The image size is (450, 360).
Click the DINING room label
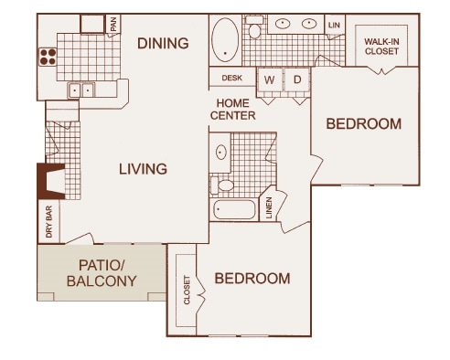click(x=163, y=43)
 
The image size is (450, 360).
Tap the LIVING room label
click(x=143, y=169)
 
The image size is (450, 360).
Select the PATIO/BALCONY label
click(x=102, y=273)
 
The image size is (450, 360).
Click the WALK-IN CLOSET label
click(x=381, y=47)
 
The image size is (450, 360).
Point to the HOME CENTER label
click(x=233, y=110)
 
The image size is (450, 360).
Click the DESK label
click(x=232, y=78)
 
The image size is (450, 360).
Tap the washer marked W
click(x=269, y=79)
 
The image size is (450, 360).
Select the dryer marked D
click(x=297, y=79)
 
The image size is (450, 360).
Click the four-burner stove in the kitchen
click(x=48, y=57)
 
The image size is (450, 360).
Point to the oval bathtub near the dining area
click(x=225, y=40)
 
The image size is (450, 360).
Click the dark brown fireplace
click(x=51, y=181)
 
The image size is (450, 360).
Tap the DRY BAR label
click(x=48, y=221)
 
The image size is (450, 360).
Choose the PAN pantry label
click(x=113, y=24)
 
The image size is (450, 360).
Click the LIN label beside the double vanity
click(x=334, y=25)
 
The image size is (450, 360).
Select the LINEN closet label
click(x=269, y=208)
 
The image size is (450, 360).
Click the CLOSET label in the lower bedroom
click(x=187, y=290)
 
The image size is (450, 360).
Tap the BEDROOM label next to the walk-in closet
click(x=364, y=124)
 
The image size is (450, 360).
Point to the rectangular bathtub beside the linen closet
click(x=234, y=209)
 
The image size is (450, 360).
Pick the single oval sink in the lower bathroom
click(x=221, y=152)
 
